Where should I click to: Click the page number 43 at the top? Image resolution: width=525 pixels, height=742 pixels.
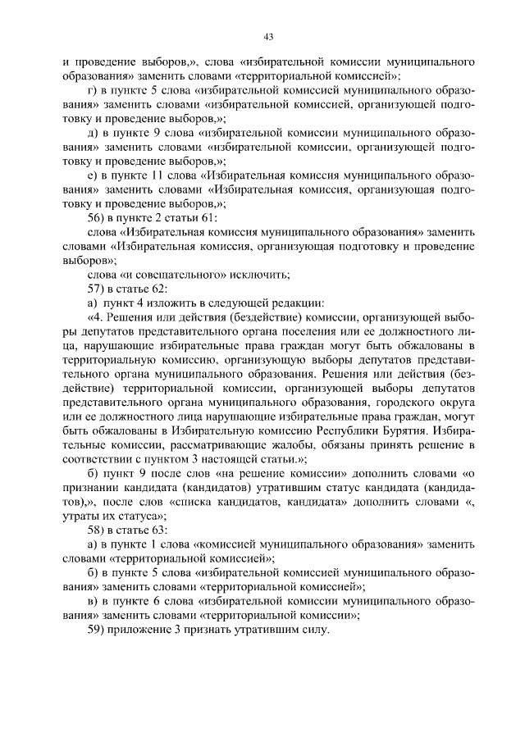[267, 36]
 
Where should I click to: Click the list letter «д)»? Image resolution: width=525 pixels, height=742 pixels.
[93, 132]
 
